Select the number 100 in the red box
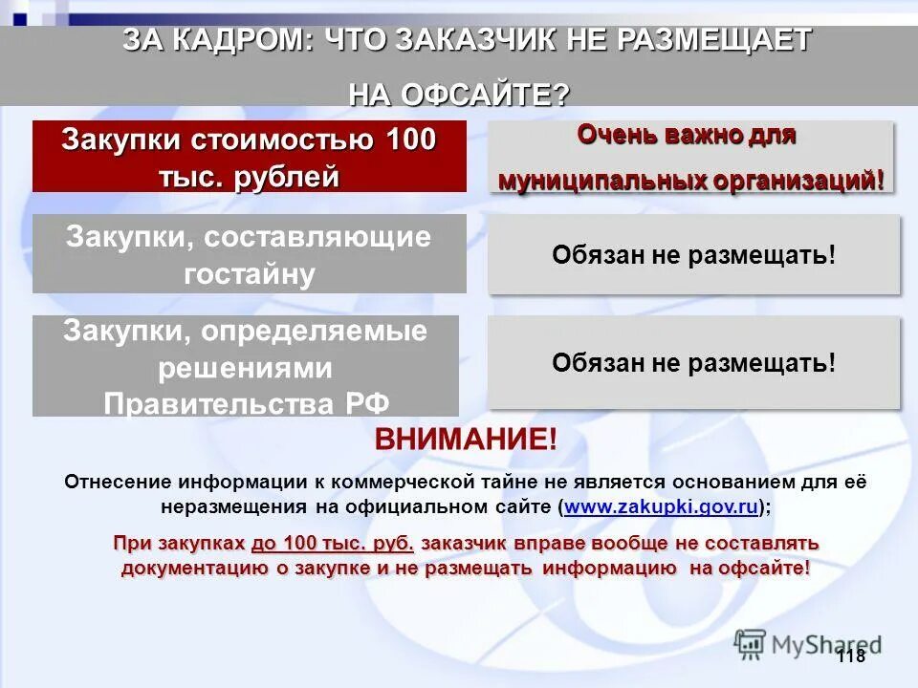(x=411, y=140)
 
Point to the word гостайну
(x=250, y=274)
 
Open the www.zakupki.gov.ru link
(x=661, y=507)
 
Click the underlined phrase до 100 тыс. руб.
(x=333, y=543)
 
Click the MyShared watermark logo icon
(x=751, y=643)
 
